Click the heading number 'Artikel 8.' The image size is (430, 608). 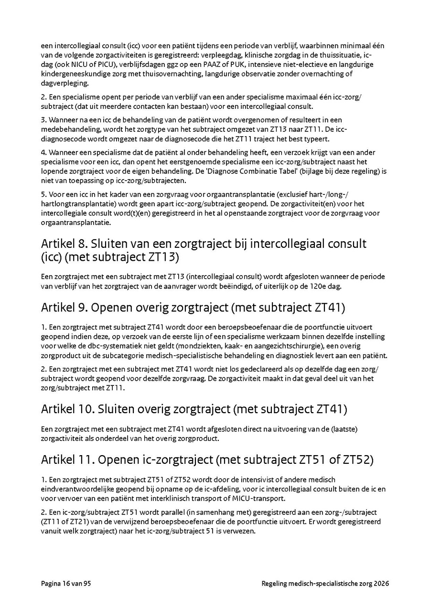[x=64, y=244]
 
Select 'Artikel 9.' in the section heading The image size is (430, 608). [x=64, y=307]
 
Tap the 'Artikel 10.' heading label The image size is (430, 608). [x=66, y=409]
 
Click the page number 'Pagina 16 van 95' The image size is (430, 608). [x=66, y=584]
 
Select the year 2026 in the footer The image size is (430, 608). [x=381, y=584]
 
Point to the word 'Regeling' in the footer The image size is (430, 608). [x=276, y=584]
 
